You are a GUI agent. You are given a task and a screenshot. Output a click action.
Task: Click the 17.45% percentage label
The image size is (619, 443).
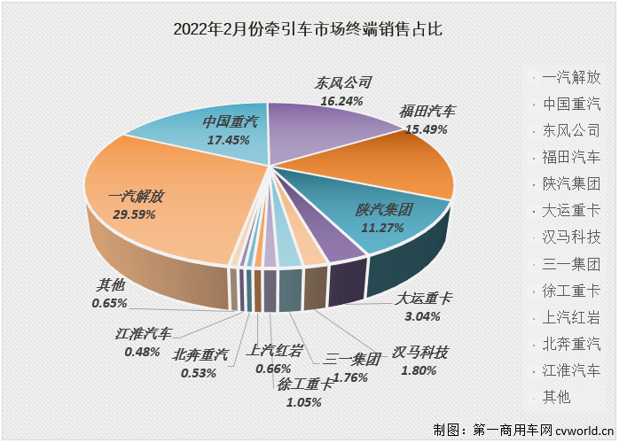pos(228,139)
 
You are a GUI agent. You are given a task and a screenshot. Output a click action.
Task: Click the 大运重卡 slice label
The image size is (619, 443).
pos(423,299)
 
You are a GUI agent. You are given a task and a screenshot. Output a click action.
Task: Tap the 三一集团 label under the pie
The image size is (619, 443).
pos(351,360)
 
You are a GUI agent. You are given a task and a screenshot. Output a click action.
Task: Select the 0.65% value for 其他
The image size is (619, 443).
pos(110,303)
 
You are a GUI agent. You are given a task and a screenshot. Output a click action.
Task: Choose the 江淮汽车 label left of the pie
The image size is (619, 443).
pos(144,334)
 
